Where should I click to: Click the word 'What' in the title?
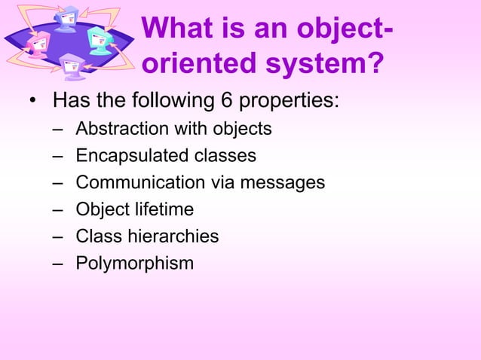point(173,29)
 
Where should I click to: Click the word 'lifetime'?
point(163,209)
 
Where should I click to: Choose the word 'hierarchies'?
point(173,236)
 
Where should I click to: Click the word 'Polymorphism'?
point(134,264)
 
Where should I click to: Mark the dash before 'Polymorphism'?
point(58,264)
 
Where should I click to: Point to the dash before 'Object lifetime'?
point(58,209)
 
